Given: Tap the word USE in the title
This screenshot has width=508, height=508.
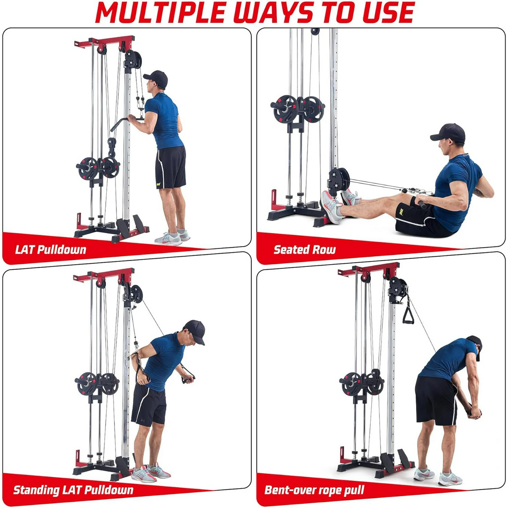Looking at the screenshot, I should point(388,13).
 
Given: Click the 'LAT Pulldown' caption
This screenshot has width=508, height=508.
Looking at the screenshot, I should point(51,250).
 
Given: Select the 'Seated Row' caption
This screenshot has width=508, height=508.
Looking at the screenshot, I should point(304,250).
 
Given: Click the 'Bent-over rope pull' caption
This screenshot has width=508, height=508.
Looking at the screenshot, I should point(314,490).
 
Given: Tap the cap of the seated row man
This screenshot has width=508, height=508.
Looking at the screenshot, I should point(448,133).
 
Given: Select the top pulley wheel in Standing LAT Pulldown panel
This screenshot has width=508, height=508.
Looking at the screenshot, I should point(135,294).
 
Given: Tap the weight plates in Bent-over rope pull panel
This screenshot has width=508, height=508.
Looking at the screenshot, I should point(363,383).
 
